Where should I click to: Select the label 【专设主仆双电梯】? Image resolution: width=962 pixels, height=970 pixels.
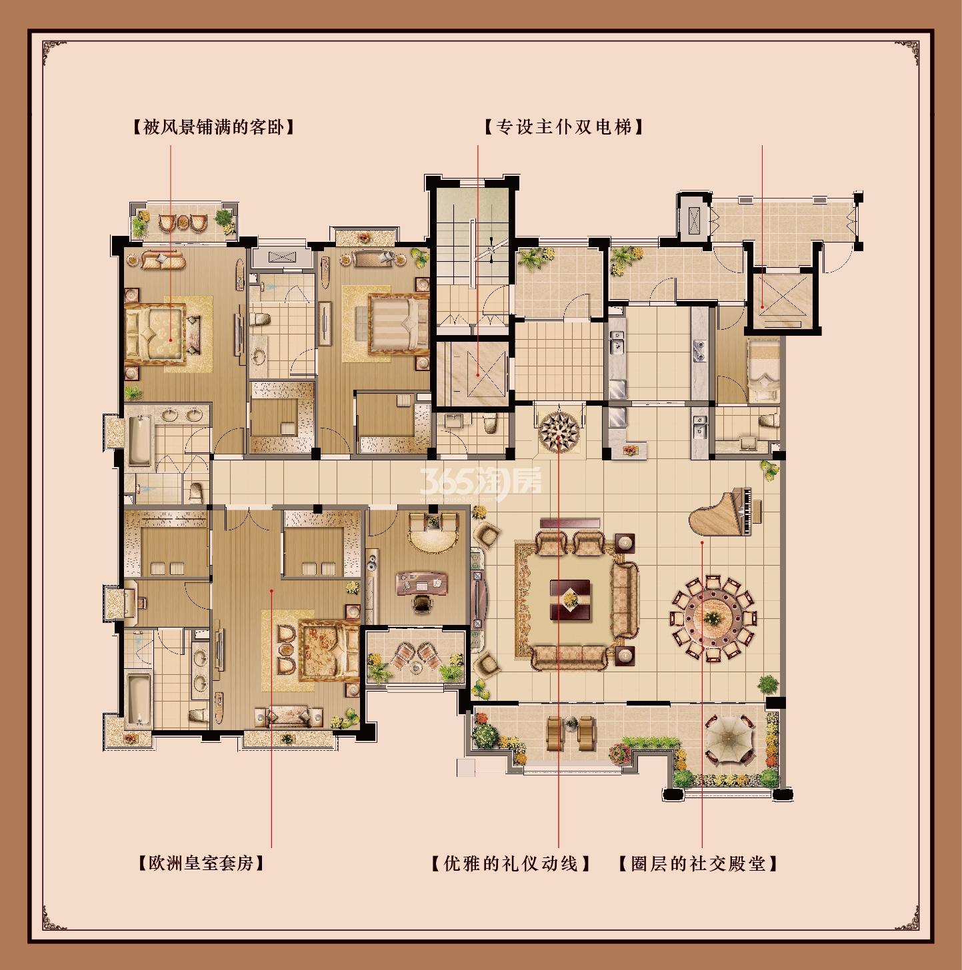pyautogui.click(x=564, y=127)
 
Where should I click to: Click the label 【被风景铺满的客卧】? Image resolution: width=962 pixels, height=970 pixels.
pyautogui.click(x=213, y=127)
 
